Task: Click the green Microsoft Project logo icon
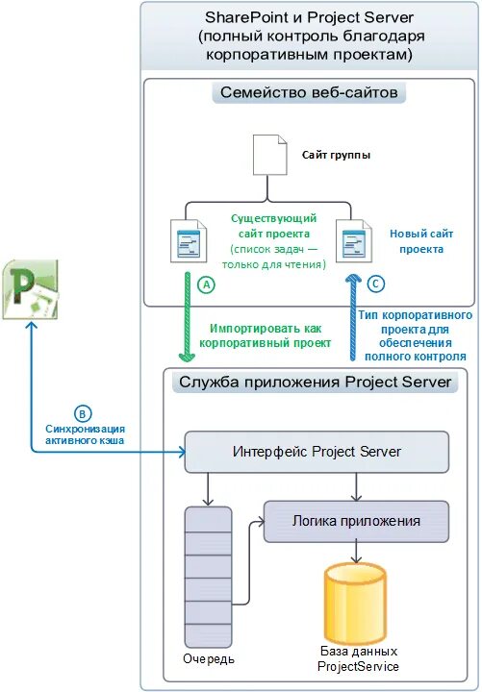point(31,289)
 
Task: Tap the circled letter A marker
point(206,285)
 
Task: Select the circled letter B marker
point(82,414)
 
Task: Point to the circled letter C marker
point(376,284)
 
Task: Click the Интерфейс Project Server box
point(317,452)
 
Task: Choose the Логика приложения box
point(356,521)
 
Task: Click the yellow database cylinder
point(355,604)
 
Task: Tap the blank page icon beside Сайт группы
point(270,155)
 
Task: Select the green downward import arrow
point(188,317)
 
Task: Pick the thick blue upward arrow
point(353,317)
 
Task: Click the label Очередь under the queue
point(209,659)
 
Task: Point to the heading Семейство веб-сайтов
point(309,92)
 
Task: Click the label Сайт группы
point(336,155)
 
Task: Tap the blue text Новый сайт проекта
point(421,241)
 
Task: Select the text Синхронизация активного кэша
point(86,434)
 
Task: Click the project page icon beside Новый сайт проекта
point(353,241)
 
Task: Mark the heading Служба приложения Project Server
point(315,383)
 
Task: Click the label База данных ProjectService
point(358,659)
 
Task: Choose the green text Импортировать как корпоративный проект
point(265,335)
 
